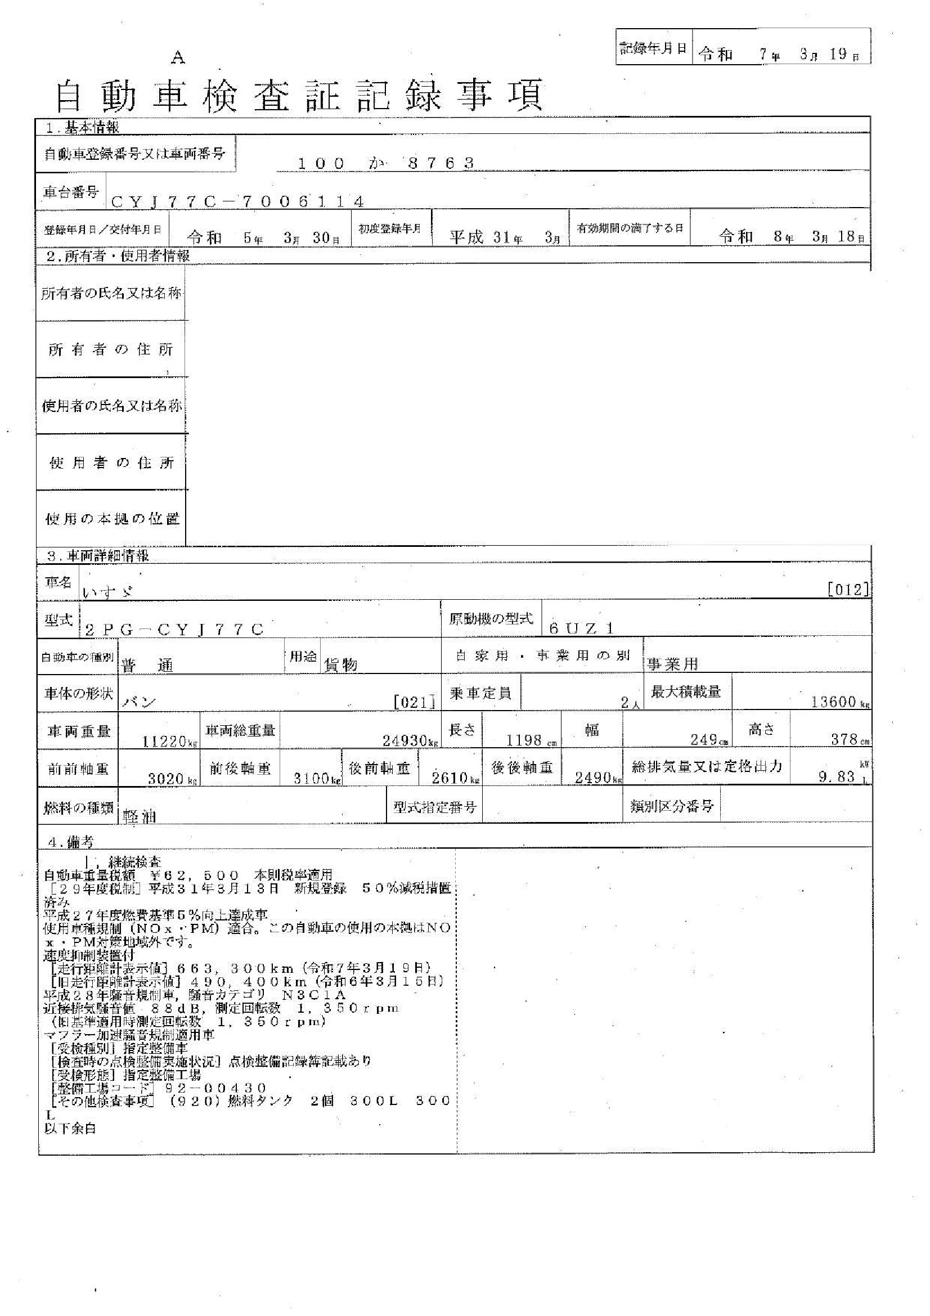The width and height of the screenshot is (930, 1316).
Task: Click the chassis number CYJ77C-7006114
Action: [x=237, y=201]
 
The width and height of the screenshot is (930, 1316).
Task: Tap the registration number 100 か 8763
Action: [x=385, y=163]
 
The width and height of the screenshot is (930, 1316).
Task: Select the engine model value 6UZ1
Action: [x=581, y=628]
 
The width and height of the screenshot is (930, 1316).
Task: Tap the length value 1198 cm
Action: [x=525, y=740]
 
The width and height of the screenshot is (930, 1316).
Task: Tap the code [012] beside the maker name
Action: [x=848, y=589]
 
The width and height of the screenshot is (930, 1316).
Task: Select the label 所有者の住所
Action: [x=111, y=349]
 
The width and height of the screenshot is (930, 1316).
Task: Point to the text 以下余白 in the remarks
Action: [x=70, y=1129]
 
